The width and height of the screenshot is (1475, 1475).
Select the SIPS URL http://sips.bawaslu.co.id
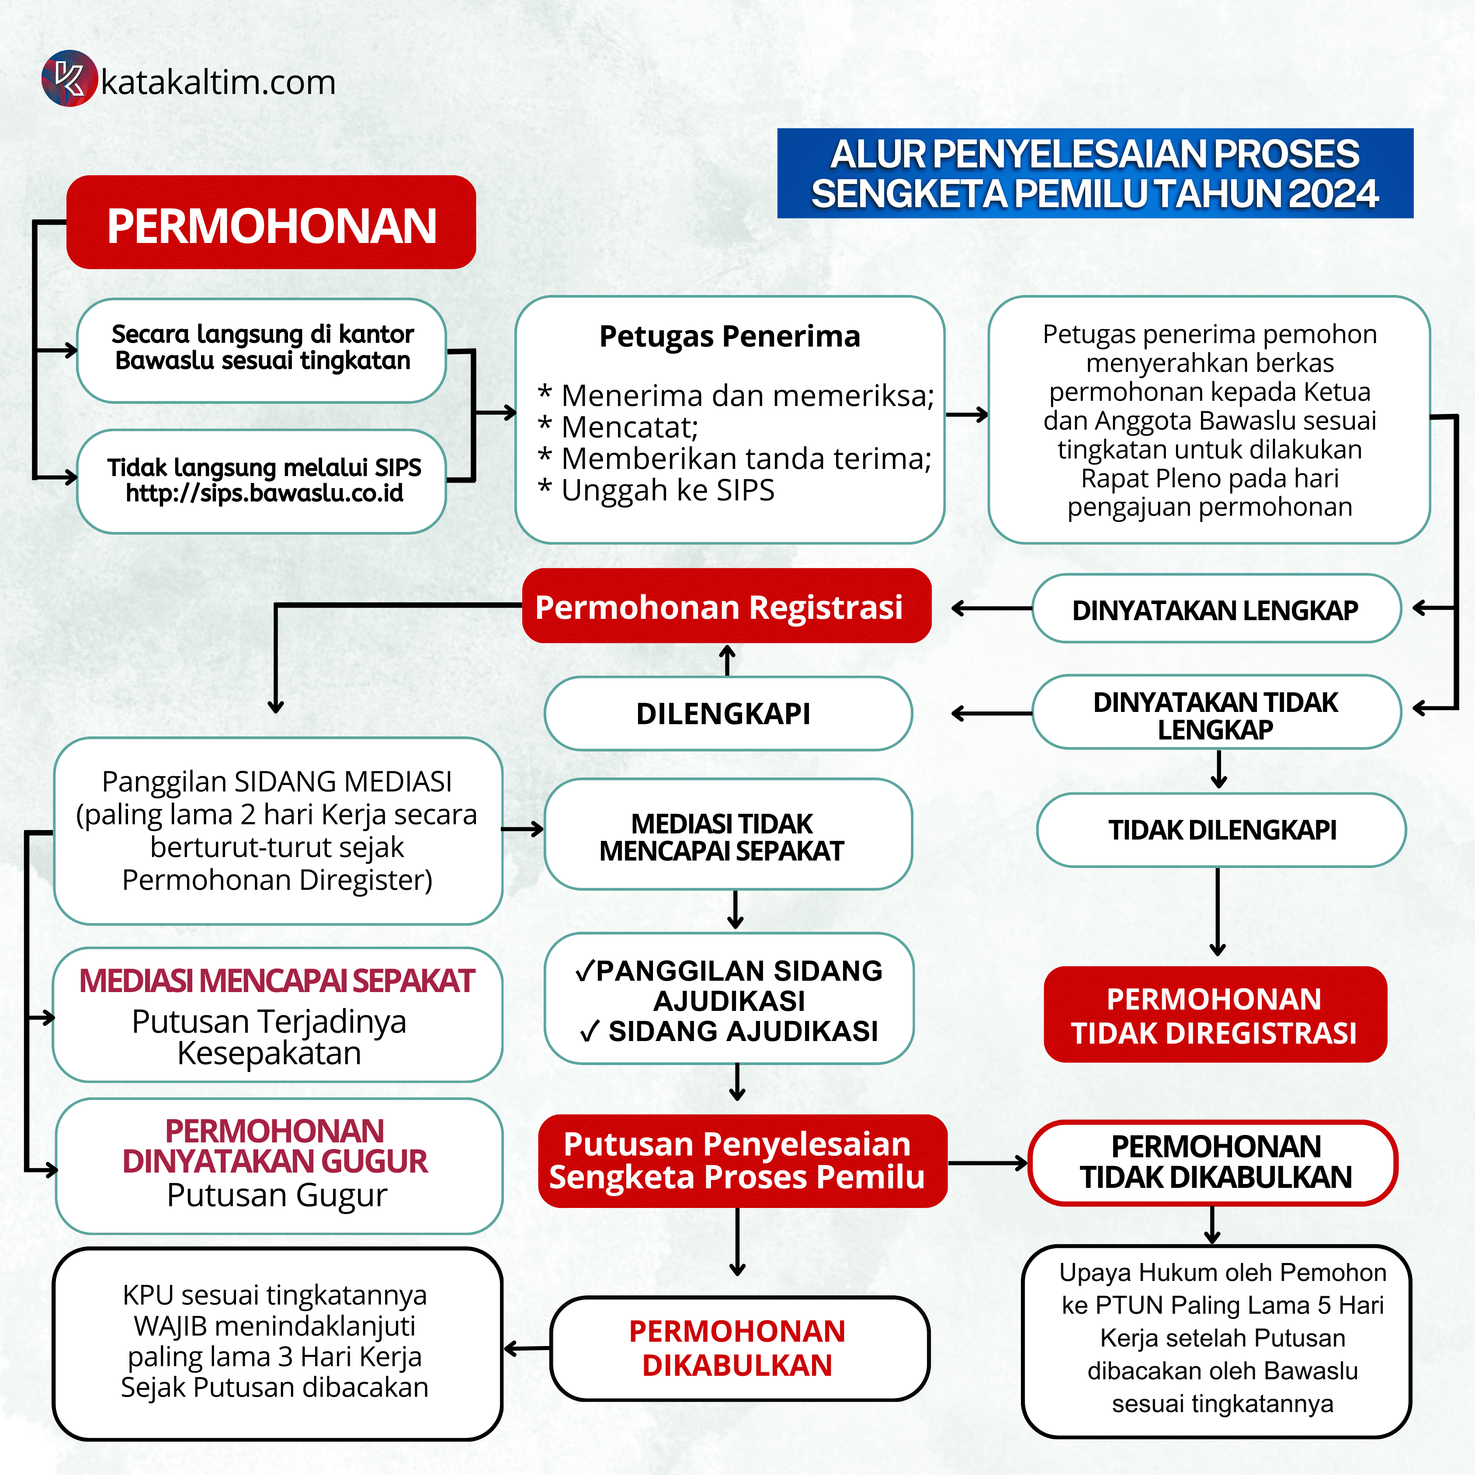tap(264, 493)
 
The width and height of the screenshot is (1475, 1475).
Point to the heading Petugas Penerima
tap(729, 336)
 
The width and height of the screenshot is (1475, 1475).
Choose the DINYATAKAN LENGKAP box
tap(1215, 609)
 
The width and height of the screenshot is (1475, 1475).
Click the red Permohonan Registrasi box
tap(725, 607)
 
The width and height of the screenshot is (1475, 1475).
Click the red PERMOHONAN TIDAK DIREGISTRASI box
tap(1214, 1015)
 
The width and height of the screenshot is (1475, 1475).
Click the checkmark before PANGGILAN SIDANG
tap(585, 971)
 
